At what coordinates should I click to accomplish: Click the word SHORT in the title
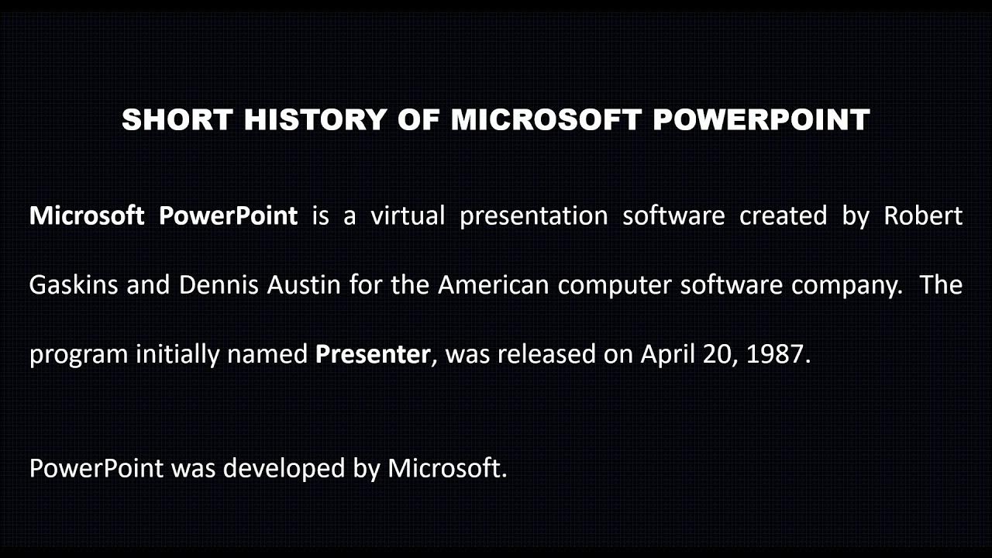click(x=177, y=120)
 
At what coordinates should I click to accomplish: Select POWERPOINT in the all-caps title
click(x=761, y=120)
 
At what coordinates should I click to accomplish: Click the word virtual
click(x=408, y=215)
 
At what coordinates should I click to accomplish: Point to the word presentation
click(x=533, y=216)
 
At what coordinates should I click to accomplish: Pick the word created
click(x=784, y=215)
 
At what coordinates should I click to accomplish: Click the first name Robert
click(x=923, y=215)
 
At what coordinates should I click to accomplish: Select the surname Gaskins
click(x=74, y=285)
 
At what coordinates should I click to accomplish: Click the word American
click(x=494, y=285)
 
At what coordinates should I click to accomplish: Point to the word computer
click(x=615, y=286)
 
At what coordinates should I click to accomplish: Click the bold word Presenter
click(x=373, y=354)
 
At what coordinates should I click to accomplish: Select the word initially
click(x=177, y=354)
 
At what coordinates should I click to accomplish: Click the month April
click(x=666, y=355)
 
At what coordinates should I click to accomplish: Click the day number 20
click(x=718, y=354)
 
